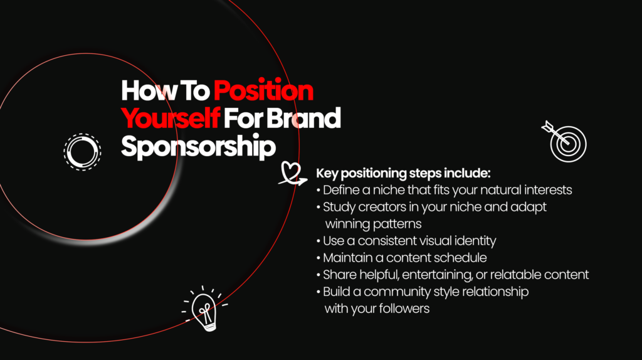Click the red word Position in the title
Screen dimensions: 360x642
tap(263, 91)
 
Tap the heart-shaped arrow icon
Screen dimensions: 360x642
tap(291, 174)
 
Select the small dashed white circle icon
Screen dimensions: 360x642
tap(82, 151)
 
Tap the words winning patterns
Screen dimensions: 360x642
tap(373, 223)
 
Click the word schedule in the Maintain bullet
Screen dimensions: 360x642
tap(461, 258)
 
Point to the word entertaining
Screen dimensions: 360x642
tap(459, 275)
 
